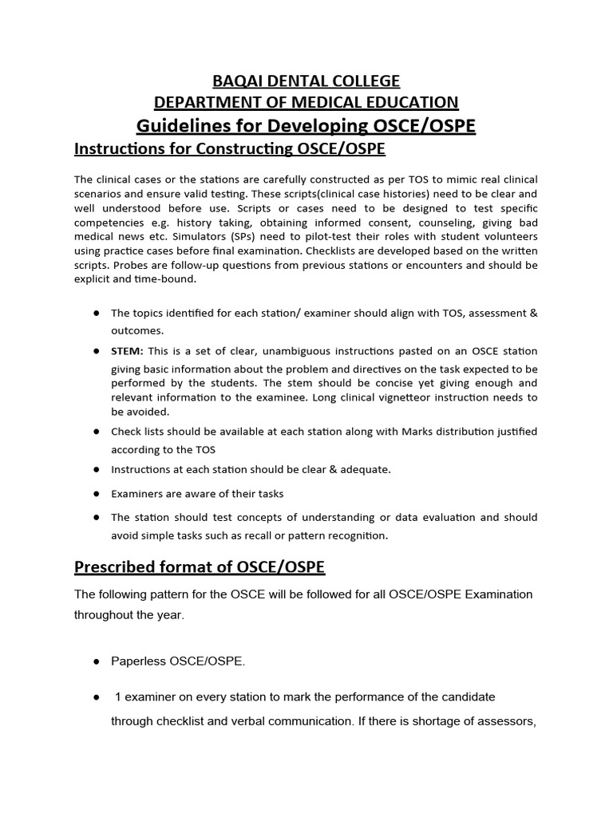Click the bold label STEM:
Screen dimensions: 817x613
pos(126,352)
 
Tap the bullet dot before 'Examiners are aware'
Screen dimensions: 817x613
pos(95,494)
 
